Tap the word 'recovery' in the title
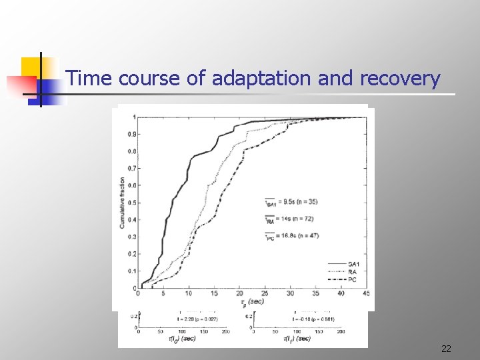(x=399, y=79)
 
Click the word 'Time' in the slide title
(x=91, y=79)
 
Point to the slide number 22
(x=446, y=349)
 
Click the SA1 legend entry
(x=353, y=265)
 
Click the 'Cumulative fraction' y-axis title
(x=123, y=203)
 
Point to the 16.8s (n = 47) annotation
(x=289, y=237)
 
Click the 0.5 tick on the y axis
(x=132, y=203)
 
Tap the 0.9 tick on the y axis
(x=132, y=134)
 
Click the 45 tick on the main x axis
(x=365, y=293)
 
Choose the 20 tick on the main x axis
(x=239, y=293)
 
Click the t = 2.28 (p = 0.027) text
(x=199, y=320)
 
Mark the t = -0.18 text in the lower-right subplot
(x=313, y=320)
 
